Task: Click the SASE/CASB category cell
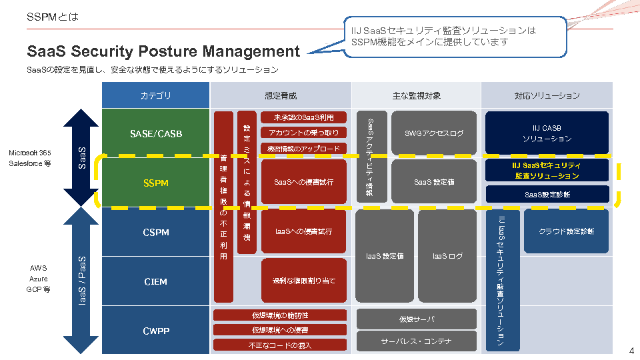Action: click(156, 133)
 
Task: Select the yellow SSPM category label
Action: click(156, 182)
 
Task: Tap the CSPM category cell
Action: click(156, 233)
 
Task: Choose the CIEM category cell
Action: click(156, 281)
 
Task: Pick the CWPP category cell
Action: click(156, 331)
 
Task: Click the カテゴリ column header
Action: click(156, 95)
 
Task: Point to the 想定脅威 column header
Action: click(281, 95)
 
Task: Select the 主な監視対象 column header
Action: click(417, 95)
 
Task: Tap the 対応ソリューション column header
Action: click(547, 95)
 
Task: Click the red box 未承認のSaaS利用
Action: click(304, 117)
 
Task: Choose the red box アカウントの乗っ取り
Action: click(304, 133)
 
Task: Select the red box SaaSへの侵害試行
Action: click(304, 182)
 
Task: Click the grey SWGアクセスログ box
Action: click(434, 133)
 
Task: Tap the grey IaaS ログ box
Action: click(447, 256)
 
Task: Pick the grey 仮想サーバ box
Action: click(417, 319)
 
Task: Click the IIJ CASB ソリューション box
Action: click(547, 133)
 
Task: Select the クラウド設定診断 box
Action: click(566, 231)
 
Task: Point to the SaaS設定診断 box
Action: click(547, 195)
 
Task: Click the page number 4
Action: click(631, 351)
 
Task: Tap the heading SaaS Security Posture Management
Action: click(163, 51)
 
